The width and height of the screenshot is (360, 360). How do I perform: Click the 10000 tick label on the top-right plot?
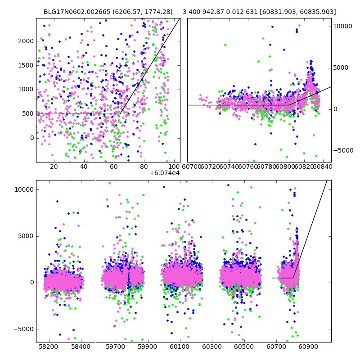click(342, 27)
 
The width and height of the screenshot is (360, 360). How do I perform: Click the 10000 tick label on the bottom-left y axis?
click(24, 189)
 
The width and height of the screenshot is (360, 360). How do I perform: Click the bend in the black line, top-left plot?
click(120, 114)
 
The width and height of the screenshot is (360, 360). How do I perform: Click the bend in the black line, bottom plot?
click(293, 278)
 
